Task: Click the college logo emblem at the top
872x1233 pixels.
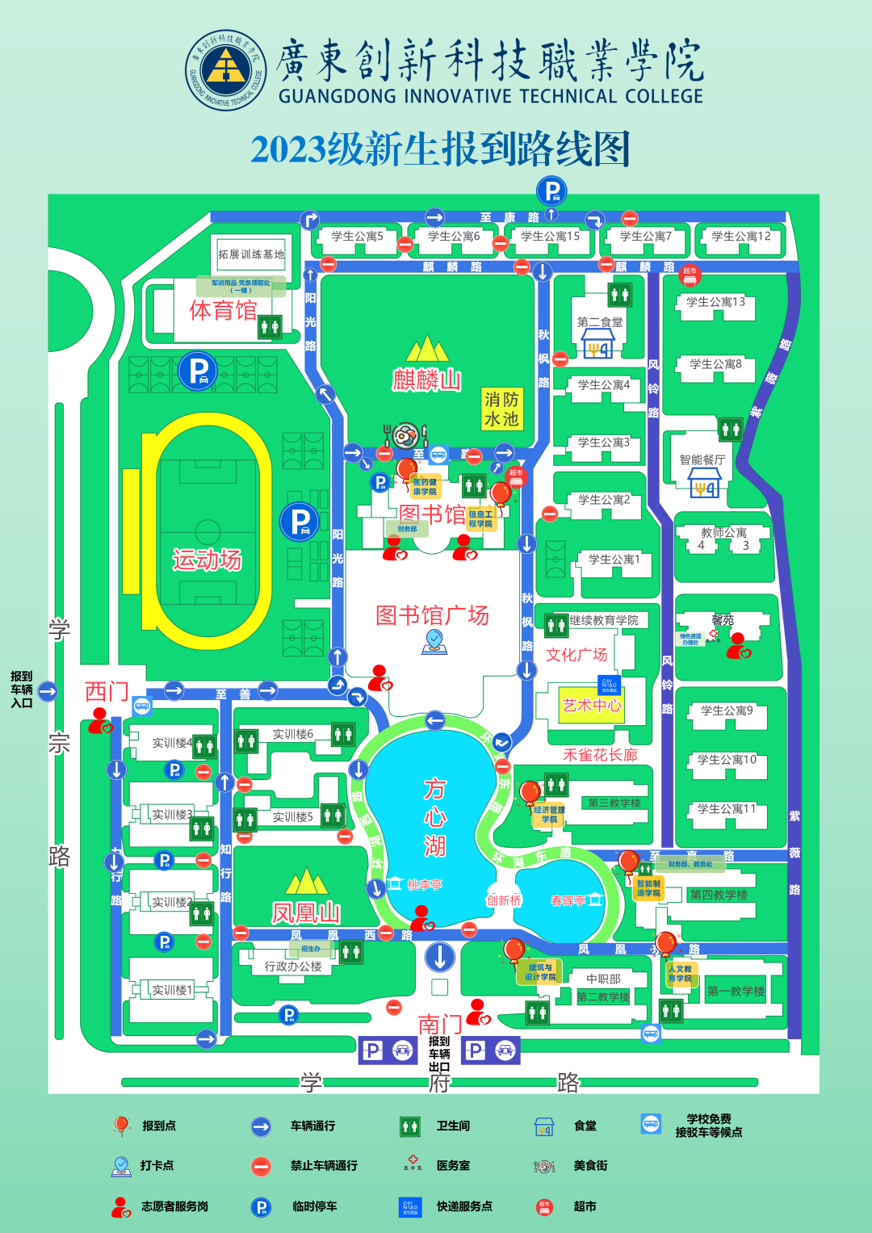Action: (226, 70)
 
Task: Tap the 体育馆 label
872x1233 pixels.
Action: (223, 311)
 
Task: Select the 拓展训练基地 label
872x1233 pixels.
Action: (251, 254)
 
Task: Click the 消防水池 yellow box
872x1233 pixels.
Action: (501, 409)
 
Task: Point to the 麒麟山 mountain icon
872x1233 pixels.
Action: (427, 349)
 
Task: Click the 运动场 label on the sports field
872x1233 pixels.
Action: (207, 560)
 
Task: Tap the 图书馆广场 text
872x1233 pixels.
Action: (432, 615)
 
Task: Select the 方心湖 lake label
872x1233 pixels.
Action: (435, 817)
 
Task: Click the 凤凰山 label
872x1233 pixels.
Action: (306, 913)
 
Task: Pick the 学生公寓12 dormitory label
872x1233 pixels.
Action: (741, 237)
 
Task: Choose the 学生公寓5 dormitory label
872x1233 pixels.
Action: (357, 237)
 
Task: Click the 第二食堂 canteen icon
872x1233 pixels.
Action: (598, 347)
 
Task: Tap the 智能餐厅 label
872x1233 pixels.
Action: (702, 459)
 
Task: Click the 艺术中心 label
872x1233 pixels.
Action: (592, 705)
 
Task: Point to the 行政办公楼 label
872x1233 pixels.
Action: (293, 966)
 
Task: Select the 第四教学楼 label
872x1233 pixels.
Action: (719, 895)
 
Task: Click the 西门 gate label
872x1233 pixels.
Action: (107, 691)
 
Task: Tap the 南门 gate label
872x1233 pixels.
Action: (440, 1025)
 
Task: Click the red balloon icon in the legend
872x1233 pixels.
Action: (121, 1126)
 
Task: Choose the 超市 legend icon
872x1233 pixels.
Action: (545, 1207)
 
